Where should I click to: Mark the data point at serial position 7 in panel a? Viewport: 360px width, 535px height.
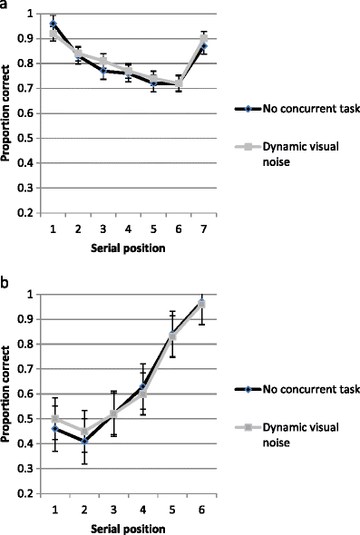(205, 45)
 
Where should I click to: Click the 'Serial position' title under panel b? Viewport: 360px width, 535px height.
(128, 525)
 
